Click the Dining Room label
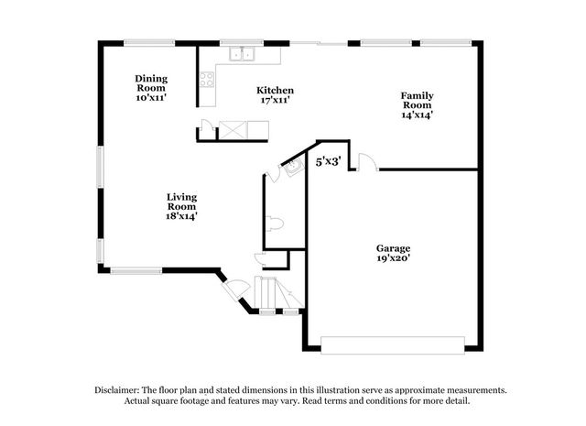click(x=151, y=83)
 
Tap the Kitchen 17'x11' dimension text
click(x=275, y=100)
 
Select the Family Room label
click(x=418, y=100)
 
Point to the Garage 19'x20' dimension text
click(x=393, y=257)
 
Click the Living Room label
click(x=181, y=202)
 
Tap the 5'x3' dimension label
click(x=328, y=161)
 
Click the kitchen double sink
click(x=242, y=54)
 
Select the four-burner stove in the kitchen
click(x=207, y=79)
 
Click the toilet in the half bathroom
click(x=275, y=224)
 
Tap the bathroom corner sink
click(x=294, y=167)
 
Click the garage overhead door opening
click(x=393, y=345)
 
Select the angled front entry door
click(x=235, y=289)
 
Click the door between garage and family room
click(x=367, y=161)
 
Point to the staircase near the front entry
click(x=278, y=292)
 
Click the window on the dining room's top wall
click(x=149, y=43)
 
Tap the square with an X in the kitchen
click(x=233, y=130)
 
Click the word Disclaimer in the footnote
click(x=117, y=390)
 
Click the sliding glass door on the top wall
click(x=319, y=43)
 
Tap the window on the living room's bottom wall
click(x=136, y=271)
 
